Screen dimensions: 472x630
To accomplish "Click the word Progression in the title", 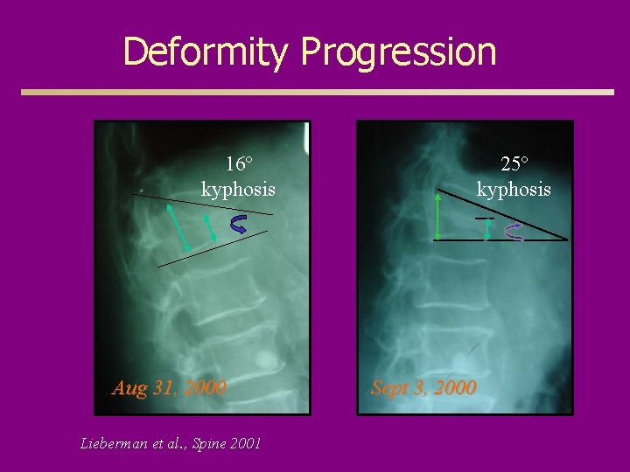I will pos(398,52).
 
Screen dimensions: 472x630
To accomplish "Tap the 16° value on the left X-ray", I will pos(238,164).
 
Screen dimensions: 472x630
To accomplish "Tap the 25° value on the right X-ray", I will pos(514,164).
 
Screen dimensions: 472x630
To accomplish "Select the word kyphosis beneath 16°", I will pos(238,189).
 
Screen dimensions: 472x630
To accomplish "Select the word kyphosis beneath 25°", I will pos(514,189).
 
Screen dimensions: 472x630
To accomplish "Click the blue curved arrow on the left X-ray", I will pos(238,225).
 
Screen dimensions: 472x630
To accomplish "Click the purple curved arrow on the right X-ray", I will pos(514,232).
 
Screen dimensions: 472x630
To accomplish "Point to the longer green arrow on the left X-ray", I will pos(178,227).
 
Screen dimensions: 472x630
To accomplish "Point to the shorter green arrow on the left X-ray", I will pos(210,229).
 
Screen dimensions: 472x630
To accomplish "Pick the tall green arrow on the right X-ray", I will pos(437,216).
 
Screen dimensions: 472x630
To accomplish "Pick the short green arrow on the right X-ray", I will pos(488,229).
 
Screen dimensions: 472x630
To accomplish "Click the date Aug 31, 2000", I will pos(169,387).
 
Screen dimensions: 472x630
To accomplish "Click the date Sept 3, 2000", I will pos(423,387).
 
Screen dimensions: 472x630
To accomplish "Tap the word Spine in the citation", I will pos(209,443).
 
